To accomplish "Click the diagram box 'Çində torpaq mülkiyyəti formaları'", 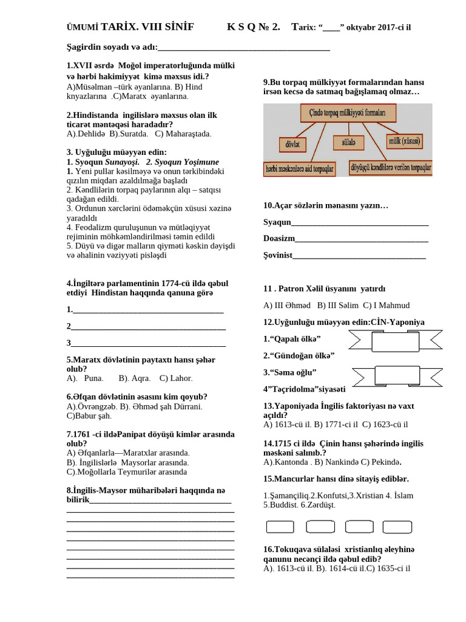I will pos(348,113).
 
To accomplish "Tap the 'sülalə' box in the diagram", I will pos(348,142).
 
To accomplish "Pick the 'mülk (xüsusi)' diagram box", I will pos(405,142).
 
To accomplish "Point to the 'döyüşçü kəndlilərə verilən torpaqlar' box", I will pos(390,167).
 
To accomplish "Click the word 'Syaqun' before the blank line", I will pos(277,222).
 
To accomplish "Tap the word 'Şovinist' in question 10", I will pos(278,255).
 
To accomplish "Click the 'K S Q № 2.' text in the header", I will pos(254,27).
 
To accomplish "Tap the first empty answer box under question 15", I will pos(280,527).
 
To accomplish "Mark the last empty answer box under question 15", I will pos(397,527).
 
